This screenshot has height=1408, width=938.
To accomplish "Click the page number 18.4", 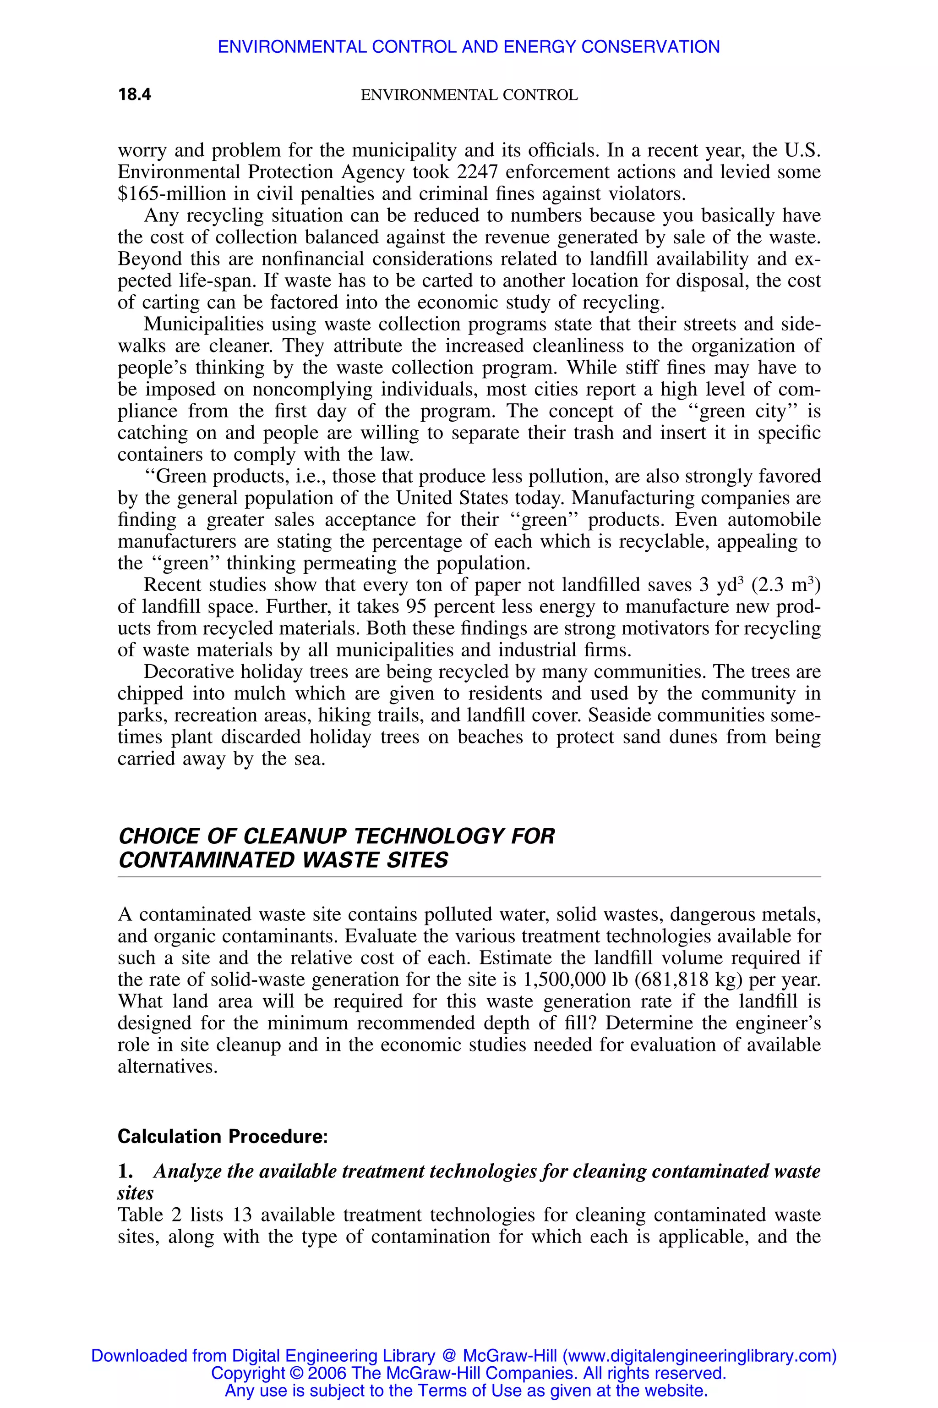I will (x=135, y=94).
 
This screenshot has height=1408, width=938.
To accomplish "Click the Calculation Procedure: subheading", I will (x=223, y=1136).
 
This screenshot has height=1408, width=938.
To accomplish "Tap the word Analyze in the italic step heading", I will (x=187, y=1171).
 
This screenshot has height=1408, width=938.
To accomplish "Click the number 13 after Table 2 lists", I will (x=242, y=1215).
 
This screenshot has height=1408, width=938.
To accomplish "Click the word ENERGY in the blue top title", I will (x=539, y=47).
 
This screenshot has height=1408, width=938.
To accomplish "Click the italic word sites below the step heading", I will (x=135, y=1193).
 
